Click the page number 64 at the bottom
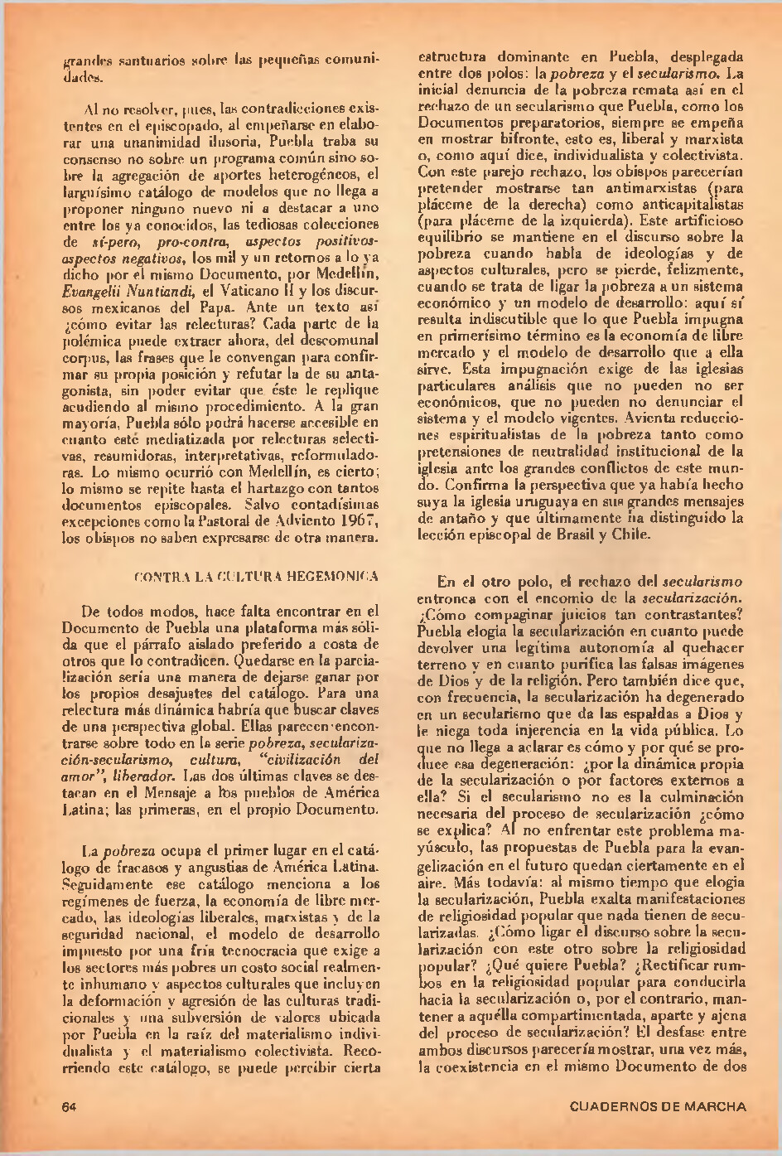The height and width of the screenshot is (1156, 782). tap(70, 1106)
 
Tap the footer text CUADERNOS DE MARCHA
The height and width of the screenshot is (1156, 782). tap(658, 1106)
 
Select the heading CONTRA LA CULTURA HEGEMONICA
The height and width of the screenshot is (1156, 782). tap(257, 576)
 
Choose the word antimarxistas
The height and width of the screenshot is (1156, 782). tap(630, 188)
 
